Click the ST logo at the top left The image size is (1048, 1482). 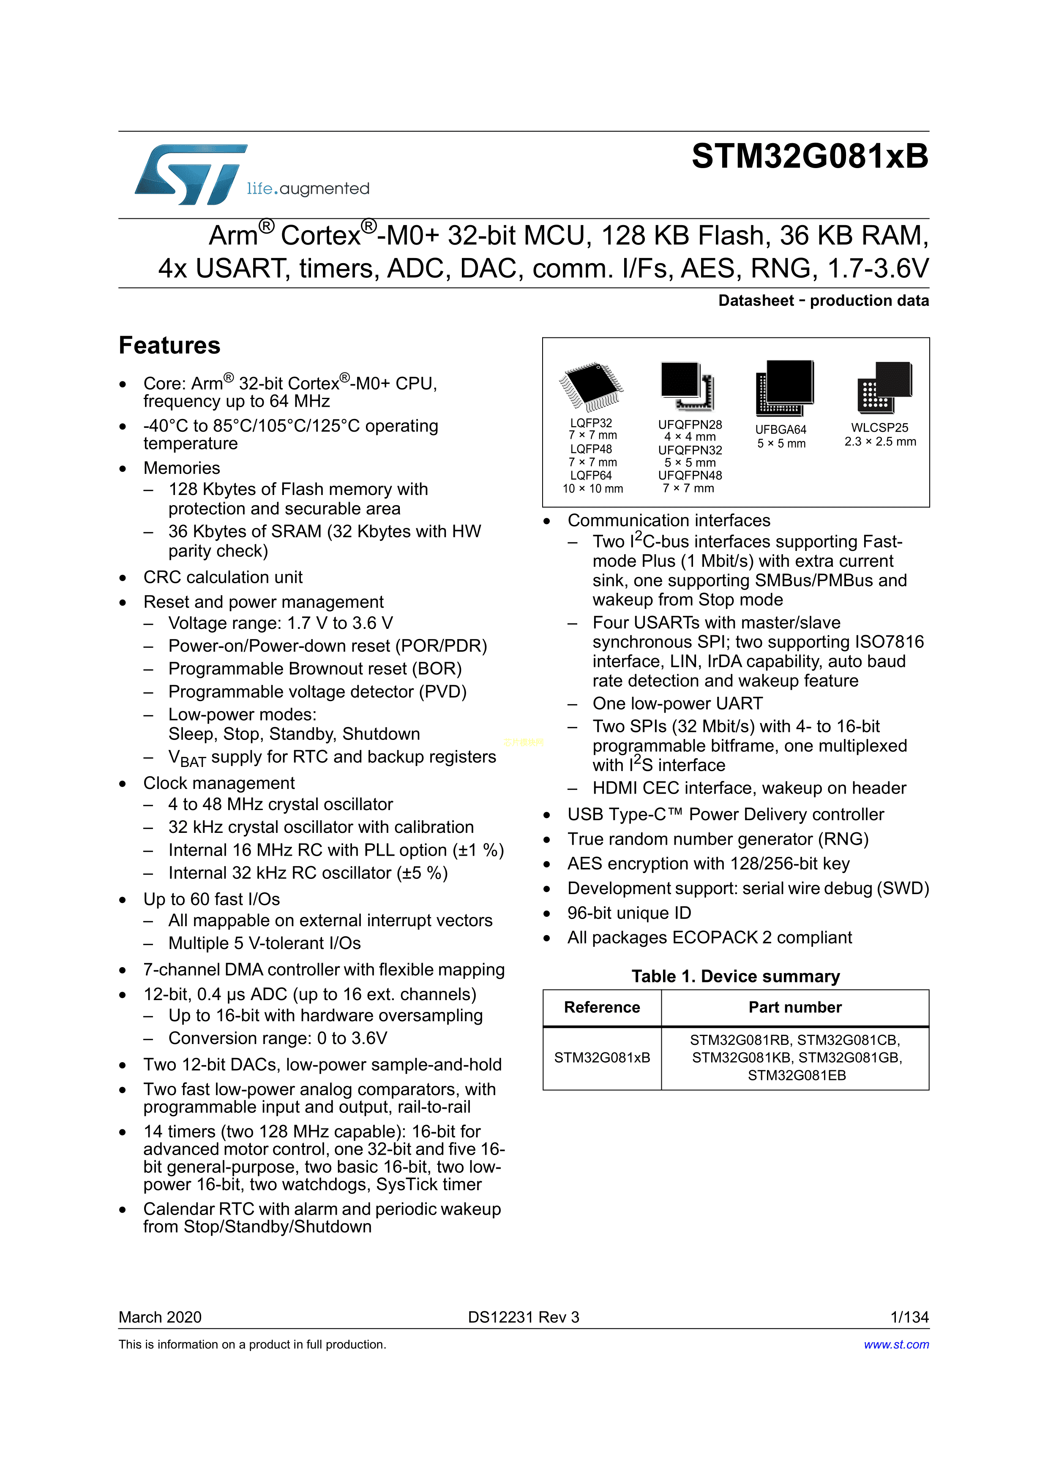pos(191,174)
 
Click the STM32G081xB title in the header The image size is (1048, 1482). pos(810,156)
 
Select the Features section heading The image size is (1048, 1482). pos(169,345)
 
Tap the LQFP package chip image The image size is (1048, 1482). pos(591,386)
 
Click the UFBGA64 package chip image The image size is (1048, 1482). pos(784,387)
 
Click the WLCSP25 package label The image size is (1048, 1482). pos(879,427)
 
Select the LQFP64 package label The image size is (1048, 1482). pos(591,476)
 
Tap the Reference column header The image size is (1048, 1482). pos(602,1008)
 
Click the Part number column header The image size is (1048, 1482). pos(795,1008)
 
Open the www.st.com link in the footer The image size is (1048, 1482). pos(896,1344)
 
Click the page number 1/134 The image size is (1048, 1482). pos(909,1317)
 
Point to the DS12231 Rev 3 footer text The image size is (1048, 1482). pos(524,1317)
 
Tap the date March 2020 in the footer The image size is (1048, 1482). pos(160,1317)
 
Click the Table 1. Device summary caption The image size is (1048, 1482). pos(735,976)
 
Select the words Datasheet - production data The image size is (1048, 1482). pos(823,301)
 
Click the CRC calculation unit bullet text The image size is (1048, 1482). pos(223,577)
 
